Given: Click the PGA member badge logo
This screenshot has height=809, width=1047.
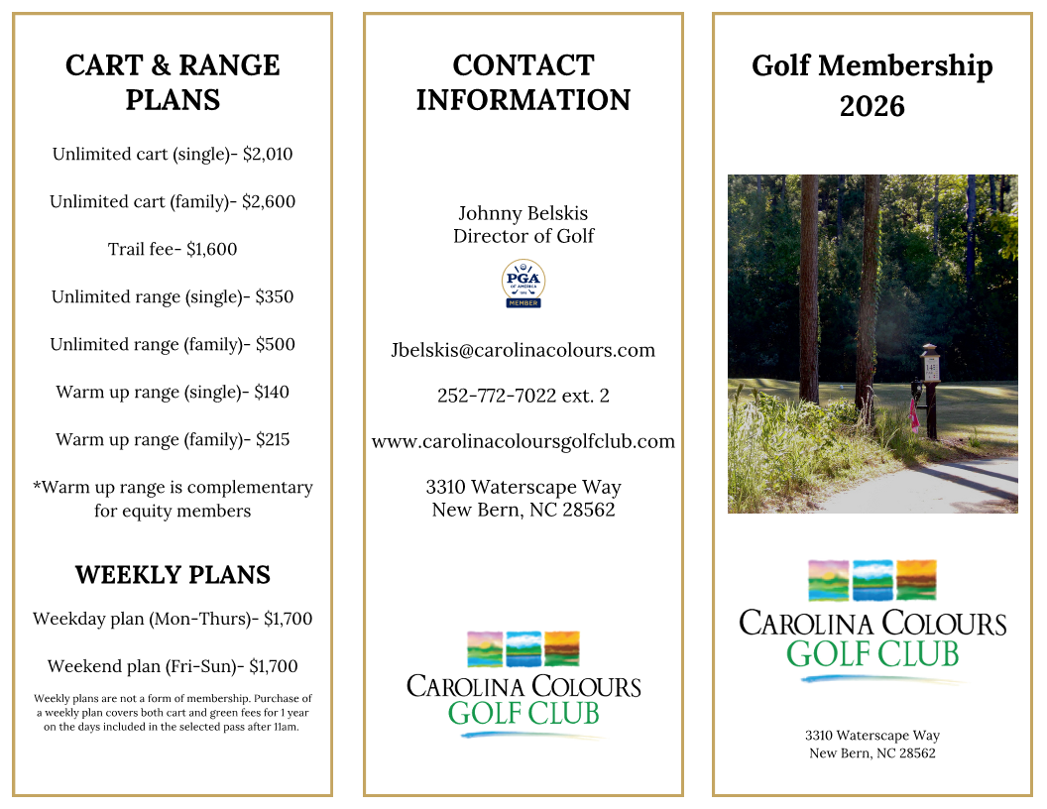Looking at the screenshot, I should pos(523,284).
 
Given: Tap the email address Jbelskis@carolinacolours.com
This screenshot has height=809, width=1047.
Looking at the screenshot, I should pos(523,350).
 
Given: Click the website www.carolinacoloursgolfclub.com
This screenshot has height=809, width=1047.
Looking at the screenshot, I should pos(523,441).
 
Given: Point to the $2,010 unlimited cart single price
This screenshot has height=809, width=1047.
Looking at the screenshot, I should pos(268,155).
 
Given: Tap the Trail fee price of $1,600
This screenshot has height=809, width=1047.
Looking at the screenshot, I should pos(211,250).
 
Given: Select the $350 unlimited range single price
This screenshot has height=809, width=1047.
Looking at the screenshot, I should pos(275,297).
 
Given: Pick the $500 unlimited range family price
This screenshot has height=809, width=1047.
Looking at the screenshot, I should pos(276,345).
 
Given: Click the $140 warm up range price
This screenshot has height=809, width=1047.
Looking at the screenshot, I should pos(272,393).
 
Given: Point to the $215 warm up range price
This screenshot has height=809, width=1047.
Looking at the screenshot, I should pos(272,440).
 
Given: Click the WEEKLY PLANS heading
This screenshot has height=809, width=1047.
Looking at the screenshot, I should pos(173,575).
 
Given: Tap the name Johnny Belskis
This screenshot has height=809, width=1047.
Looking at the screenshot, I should pos(523,213).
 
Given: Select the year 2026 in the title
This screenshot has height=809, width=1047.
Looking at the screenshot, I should pos(872,106).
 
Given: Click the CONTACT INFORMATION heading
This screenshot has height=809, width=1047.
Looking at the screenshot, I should pos(523,82).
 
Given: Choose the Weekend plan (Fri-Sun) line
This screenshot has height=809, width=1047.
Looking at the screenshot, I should pos(173,666).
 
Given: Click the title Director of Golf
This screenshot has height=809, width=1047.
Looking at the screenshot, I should pos(523,236).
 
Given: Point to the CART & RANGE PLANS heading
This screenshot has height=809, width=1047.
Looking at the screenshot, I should pos(173,82).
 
